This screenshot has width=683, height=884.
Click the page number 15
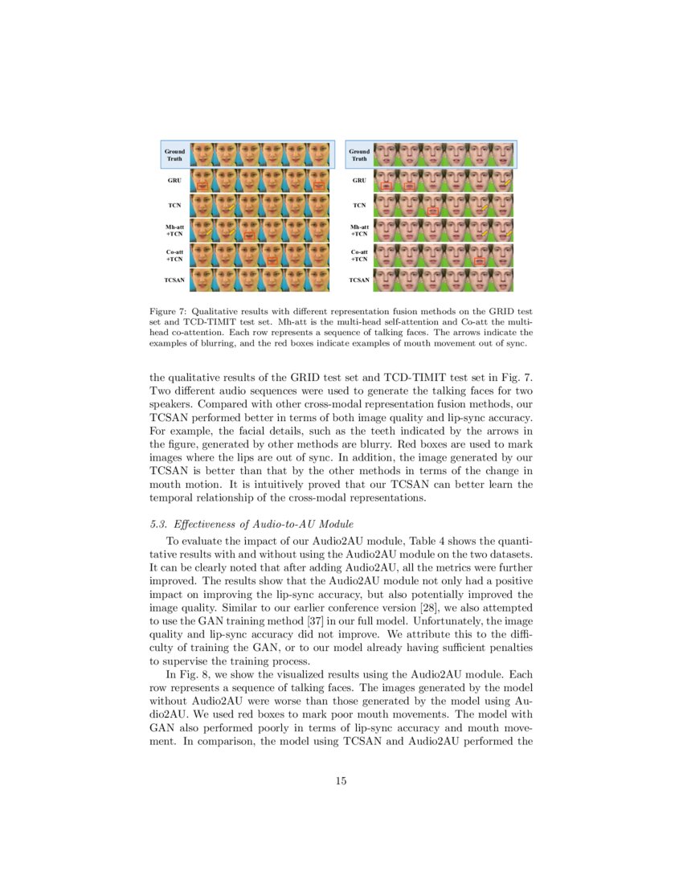click(341, 780)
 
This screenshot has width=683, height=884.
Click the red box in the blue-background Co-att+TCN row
click(273, 261)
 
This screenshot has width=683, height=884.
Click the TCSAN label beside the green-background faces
click(359, 280)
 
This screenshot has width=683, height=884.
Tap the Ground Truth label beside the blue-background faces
click(174, 154)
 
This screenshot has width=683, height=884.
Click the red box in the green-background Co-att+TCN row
click(481, 262)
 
